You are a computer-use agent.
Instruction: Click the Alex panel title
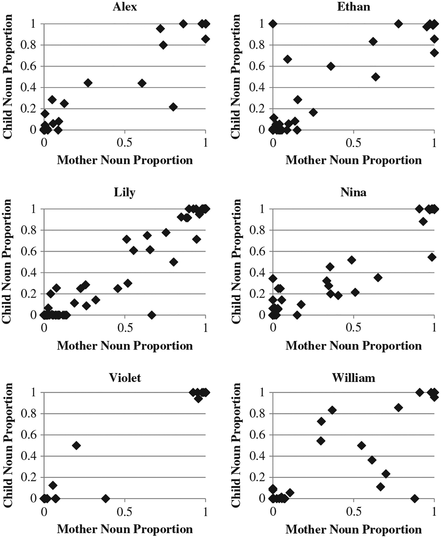125,7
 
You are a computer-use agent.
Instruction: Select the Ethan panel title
353,7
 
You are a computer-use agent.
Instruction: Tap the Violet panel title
125,378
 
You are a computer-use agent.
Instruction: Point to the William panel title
353,378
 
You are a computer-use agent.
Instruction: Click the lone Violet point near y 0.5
76,445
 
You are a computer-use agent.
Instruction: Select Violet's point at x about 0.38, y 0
105,498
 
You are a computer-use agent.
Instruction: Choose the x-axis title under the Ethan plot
353,160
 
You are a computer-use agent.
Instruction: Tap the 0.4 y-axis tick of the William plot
258,456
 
